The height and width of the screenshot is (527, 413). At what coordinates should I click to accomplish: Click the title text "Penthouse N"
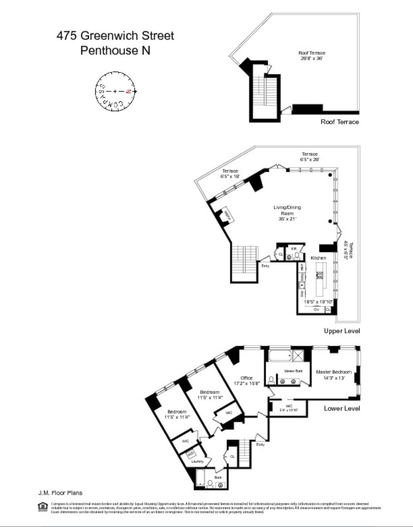coord(115,50)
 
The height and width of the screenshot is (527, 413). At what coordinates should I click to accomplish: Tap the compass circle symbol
coord(115,91)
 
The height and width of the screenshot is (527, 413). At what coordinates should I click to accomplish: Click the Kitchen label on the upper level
coord(318,258)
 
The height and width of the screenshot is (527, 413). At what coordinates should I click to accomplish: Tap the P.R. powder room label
coord(293,249)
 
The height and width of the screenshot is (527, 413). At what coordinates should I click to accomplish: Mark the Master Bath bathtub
coord(281,356)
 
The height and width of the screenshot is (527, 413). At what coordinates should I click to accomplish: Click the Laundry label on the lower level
coord(197,461)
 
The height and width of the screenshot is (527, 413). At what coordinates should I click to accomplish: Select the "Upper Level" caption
coord(342,331)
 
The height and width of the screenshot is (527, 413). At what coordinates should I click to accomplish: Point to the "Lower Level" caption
coord(342,408)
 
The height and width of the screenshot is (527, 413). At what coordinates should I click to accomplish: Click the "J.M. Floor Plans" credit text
coord(60,493)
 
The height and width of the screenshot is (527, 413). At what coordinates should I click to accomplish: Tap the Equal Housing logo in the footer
coord(42,507)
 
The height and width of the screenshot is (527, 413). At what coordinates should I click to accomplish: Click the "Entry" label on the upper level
coord(265,266)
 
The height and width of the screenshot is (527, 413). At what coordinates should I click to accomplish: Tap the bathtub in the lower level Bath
coord(200,478)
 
